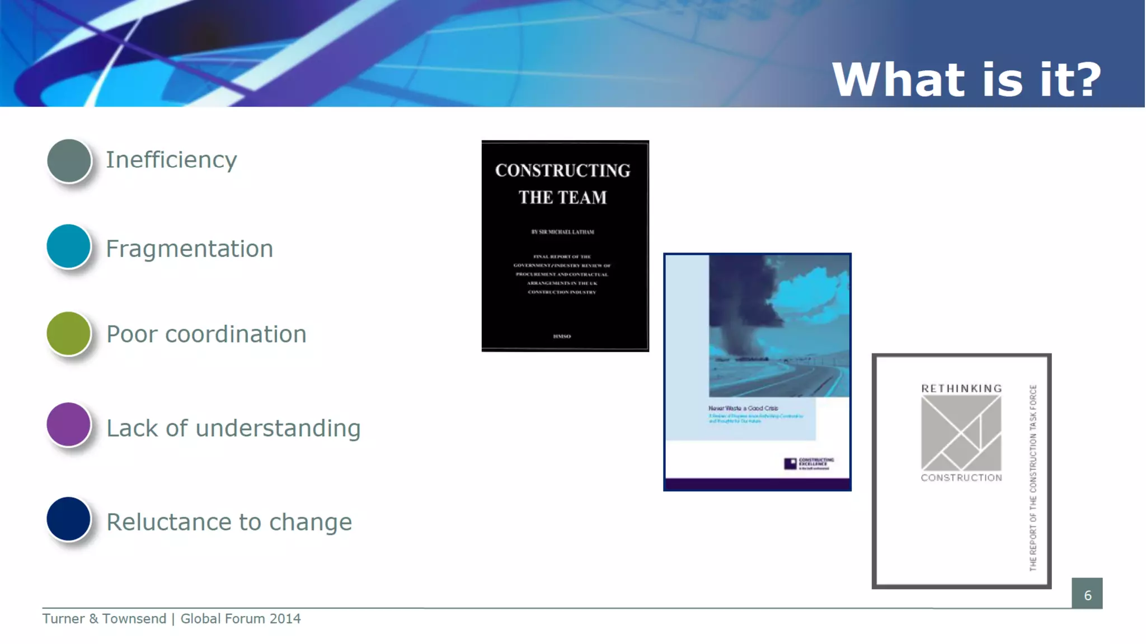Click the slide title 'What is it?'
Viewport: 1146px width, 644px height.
click(966, 80)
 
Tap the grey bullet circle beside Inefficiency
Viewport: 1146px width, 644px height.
click(69, 161)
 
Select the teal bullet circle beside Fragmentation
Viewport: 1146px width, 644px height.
click(68, 246)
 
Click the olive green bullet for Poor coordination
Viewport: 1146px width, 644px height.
click(68, 334)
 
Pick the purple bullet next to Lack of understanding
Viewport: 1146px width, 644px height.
click(68, 424)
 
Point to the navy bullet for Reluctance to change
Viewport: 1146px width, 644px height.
click(68, 519)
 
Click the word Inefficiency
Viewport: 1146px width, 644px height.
click(171, 160)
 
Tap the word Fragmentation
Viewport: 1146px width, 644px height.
click(189, 249)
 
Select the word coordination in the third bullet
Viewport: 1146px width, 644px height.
click(236, 334)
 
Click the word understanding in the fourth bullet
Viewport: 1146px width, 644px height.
click(278, 428)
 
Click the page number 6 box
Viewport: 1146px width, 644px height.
click(1087, 594)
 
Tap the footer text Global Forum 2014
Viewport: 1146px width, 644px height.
click(240, 619)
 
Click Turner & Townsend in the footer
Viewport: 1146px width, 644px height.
click(104, 619)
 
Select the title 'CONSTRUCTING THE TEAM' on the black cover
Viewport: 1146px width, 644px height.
click(562, 184)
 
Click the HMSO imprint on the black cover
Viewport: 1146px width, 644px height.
click(562, 337)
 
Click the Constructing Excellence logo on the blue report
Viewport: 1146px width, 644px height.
click(809, 463)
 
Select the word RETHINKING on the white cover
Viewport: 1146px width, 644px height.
click(961, 389)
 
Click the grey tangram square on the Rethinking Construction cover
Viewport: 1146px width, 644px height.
click(961, 433)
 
